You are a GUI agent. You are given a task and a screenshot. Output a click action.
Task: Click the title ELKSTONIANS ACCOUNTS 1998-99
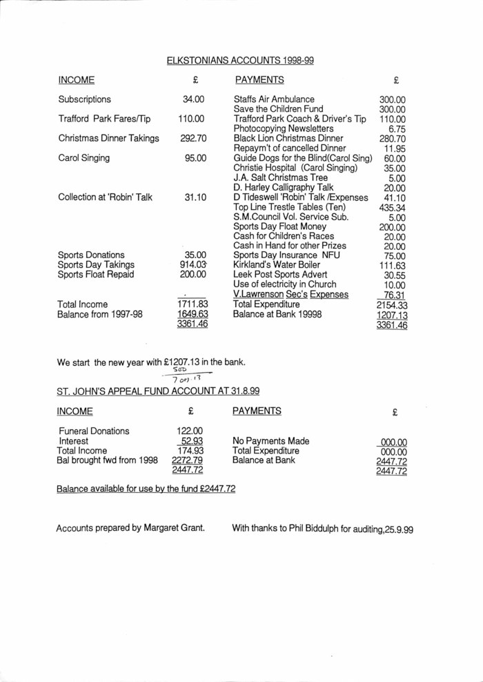[x=240, y=61]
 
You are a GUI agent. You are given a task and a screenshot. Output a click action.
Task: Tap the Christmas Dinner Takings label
[x=108, y=139]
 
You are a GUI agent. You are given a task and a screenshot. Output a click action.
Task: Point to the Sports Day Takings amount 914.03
[x=193, y=264]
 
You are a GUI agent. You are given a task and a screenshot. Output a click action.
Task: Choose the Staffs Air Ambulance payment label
[x=274, y=99]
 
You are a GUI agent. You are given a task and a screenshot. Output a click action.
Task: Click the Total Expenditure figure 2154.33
[x=391, y=304]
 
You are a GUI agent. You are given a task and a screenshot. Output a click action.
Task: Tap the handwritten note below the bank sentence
[x=189, y=375]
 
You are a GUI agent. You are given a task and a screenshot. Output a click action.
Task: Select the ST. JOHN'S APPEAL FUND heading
[x=158, y=391]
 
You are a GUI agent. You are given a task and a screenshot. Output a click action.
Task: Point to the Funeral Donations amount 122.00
[x=190, y=431]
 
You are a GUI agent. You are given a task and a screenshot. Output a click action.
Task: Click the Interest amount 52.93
[x=191, y=441]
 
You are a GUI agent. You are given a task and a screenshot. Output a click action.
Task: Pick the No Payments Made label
[x=270, y=441]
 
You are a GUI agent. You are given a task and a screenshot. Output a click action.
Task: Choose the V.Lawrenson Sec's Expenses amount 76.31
[x=392, y=295]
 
